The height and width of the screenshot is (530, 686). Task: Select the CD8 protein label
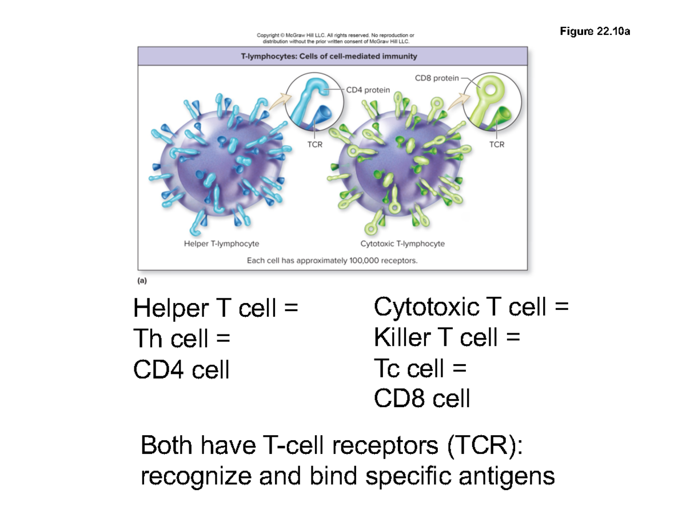pos(437,78)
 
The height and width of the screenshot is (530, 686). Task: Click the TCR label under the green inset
pos(497,145)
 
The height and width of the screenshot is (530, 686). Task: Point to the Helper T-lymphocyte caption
pos(221,244)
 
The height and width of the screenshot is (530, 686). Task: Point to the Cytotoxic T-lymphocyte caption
pos(402,244)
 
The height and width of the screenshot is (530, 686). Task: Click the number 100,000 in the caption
pos(371,261)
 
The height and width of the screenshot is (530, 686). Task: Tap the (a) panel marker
pos(142,280)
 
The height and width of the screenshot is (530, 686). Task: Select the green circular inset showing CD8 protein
pos(492,103)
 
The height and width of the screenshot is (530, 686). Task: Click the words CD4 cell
pos(181,370)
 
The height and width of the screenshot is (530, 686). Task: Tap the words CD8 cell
pos(422,399)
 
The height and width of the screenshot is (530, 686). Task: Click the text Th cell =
pos(181,340)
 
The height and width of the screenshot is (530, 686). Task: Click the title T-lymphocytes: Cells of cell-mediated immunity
pos(332,56)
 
